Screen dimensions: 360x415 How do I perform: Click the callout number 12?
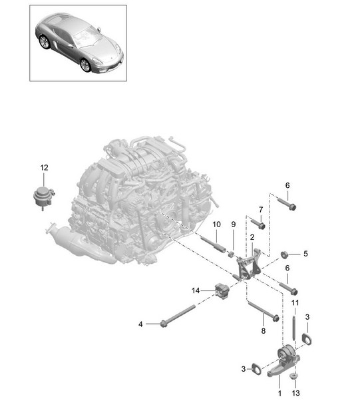click(44, 168)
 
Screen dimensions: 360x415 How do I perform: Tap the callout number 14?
click(196, 290)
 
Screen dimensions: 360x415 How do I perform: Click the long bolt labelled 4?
click(178, 315)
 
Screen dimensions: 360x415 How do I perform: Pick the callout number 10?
click(216, 224)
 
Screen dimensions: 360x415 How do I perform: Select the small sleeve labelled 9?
click(231, 254)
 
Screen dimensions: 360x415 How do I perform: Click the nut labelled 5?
click(284, 254)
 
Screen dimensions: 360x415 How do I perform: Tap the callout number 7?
click(261, 210)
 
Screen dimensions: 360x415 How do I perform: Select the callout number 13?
click(295, 393)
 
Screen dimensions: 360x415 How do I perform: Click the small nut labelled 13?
click(293, 376)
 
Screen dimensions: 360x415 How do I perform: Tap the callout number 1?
click(280, 393)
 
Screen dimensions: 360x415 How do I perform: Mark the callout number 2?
click(252, 237)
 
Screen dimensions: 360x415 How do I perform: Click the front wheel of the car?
click(85, 65)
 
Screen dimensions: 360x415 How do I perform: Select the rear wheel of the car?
click(44, 42)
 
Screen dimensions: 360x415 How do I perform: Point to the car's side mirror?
click(99, 29)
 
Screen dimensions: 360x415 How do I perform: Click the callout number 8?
click(264, 331)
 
